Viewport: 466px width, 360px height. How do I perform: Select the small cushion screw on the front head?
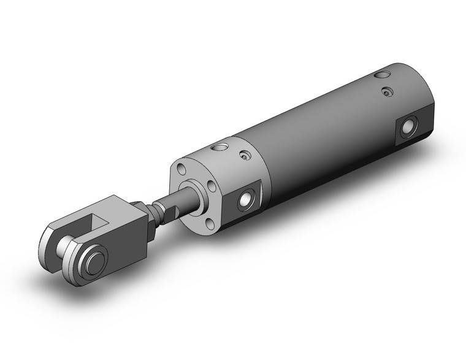245,157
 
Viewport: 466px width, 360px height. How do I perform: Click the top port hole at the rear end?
383,75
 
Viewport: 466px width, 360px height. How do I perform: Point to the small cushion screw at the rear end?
386,92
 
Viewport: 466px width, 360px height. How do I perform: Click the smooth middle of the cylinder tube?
319,141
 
